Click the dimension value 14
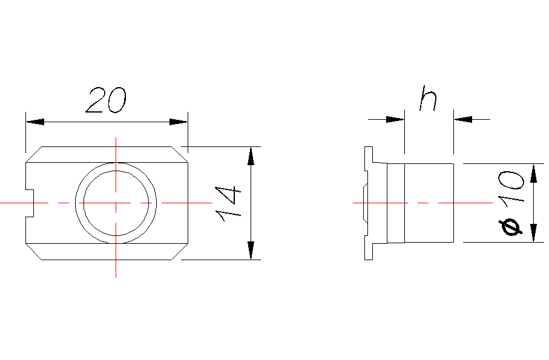(228, 203)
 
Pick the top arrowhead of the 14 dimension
(251, 155)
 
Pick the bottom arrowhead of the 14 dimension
(251, 250)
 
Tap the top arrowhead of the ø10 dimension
(533, 172)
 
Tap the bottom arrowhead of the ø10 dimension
(533, 233)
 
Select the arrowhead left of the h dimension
(395, 119)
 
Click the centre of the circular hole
(116, 203)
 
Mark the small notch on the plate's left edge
(30, 203)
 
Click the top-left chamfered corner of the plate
(33, 154)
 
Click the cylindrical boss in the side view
(429, 203)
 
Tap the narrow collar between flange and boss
(395, 203)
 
